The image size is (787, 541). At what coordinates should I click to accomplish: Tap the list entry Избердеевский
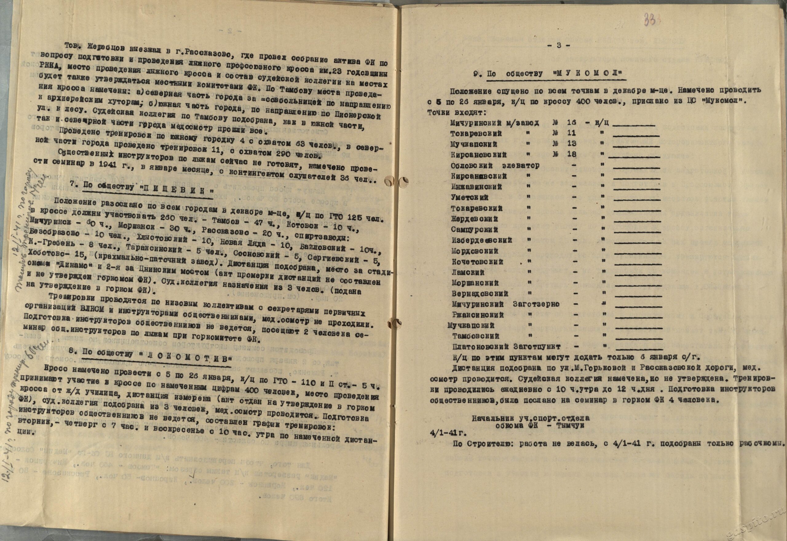(x=481, y=240)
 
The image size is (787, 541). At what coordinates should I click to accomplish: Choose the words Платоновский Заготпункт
(x=506, y=347)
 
